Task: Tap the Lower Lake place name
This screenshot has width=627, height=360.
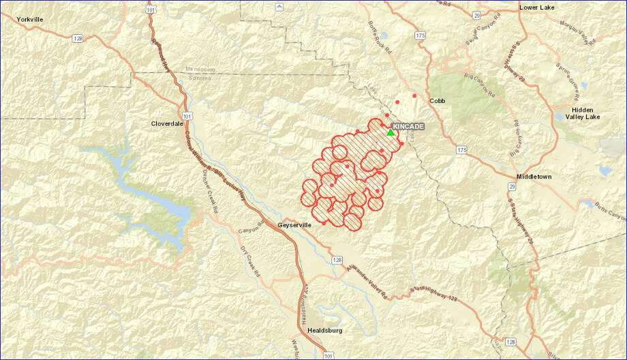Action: [x=537, y=7]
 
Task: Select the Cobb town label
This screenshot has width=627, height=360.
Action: [x=437, y=101]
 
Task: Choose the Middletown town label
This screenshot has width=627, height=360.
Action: [x=534, y=177]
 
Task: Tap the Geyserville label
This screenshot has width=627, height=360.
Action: [x=294, y=224]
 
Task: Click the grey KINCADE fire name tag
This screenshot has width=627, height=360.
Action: [x=408, y=127]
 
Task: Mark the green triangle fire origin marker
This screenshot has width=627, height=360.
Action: [x=391, y=132]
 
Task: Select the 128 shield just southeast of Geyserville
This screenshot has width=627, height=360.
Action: [x=337, y=260]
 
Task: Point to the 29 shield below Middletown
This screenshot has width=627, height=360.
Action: [x=511, y=185]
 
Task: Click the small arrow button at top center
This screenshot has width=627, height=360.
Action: [x=278, y=6]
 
